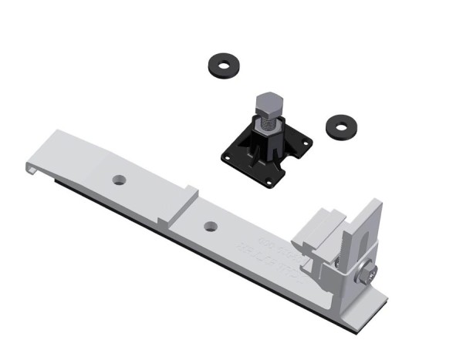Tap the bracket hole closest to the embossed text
[x=210, y=227]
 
